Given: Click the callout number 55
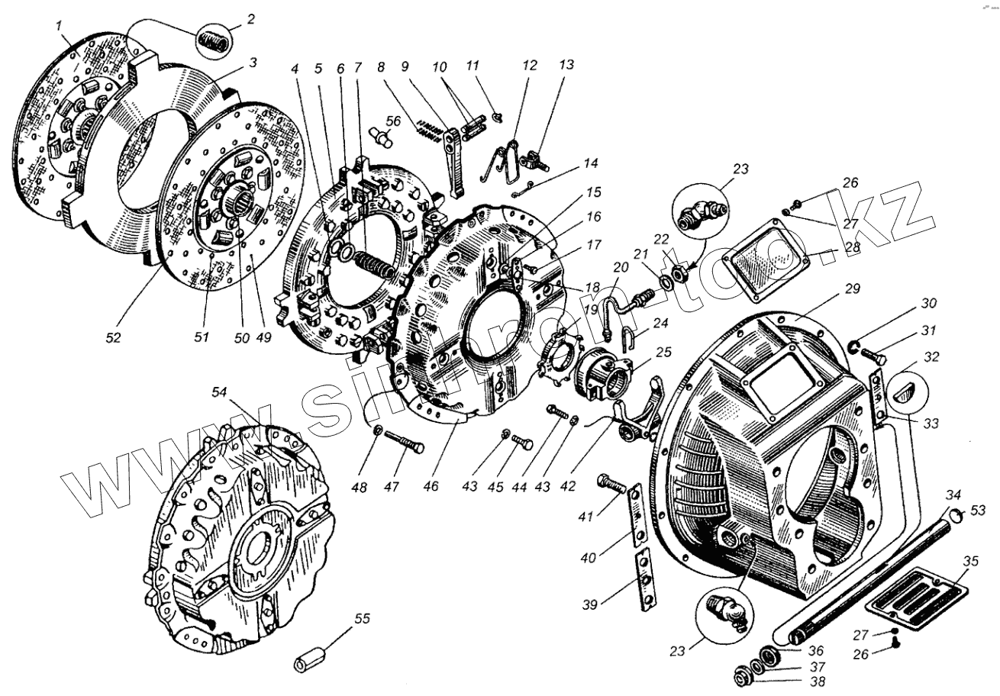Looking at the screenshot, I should pyautogui.click(x=361, y=618).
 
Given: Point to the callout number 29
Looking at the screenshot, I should pyautogui.click(x=852, y=289).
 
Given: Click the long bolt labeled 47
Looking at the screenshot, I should pyautogui.click(x=405, y=443).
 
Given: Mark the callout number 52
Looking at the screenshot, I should pyautogui.click(x=113, y=337).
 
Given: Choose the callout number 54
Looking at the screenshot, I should pyautogui.click(x=220, y=392).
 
